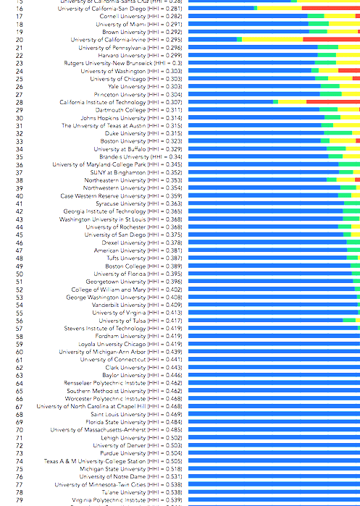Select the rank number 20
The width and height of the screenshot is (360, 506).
(19, 39)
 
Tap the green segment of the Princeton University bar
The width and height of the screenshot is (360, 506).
(330, 94)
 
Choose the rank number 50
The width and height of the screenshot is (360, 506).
(19, 274)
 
